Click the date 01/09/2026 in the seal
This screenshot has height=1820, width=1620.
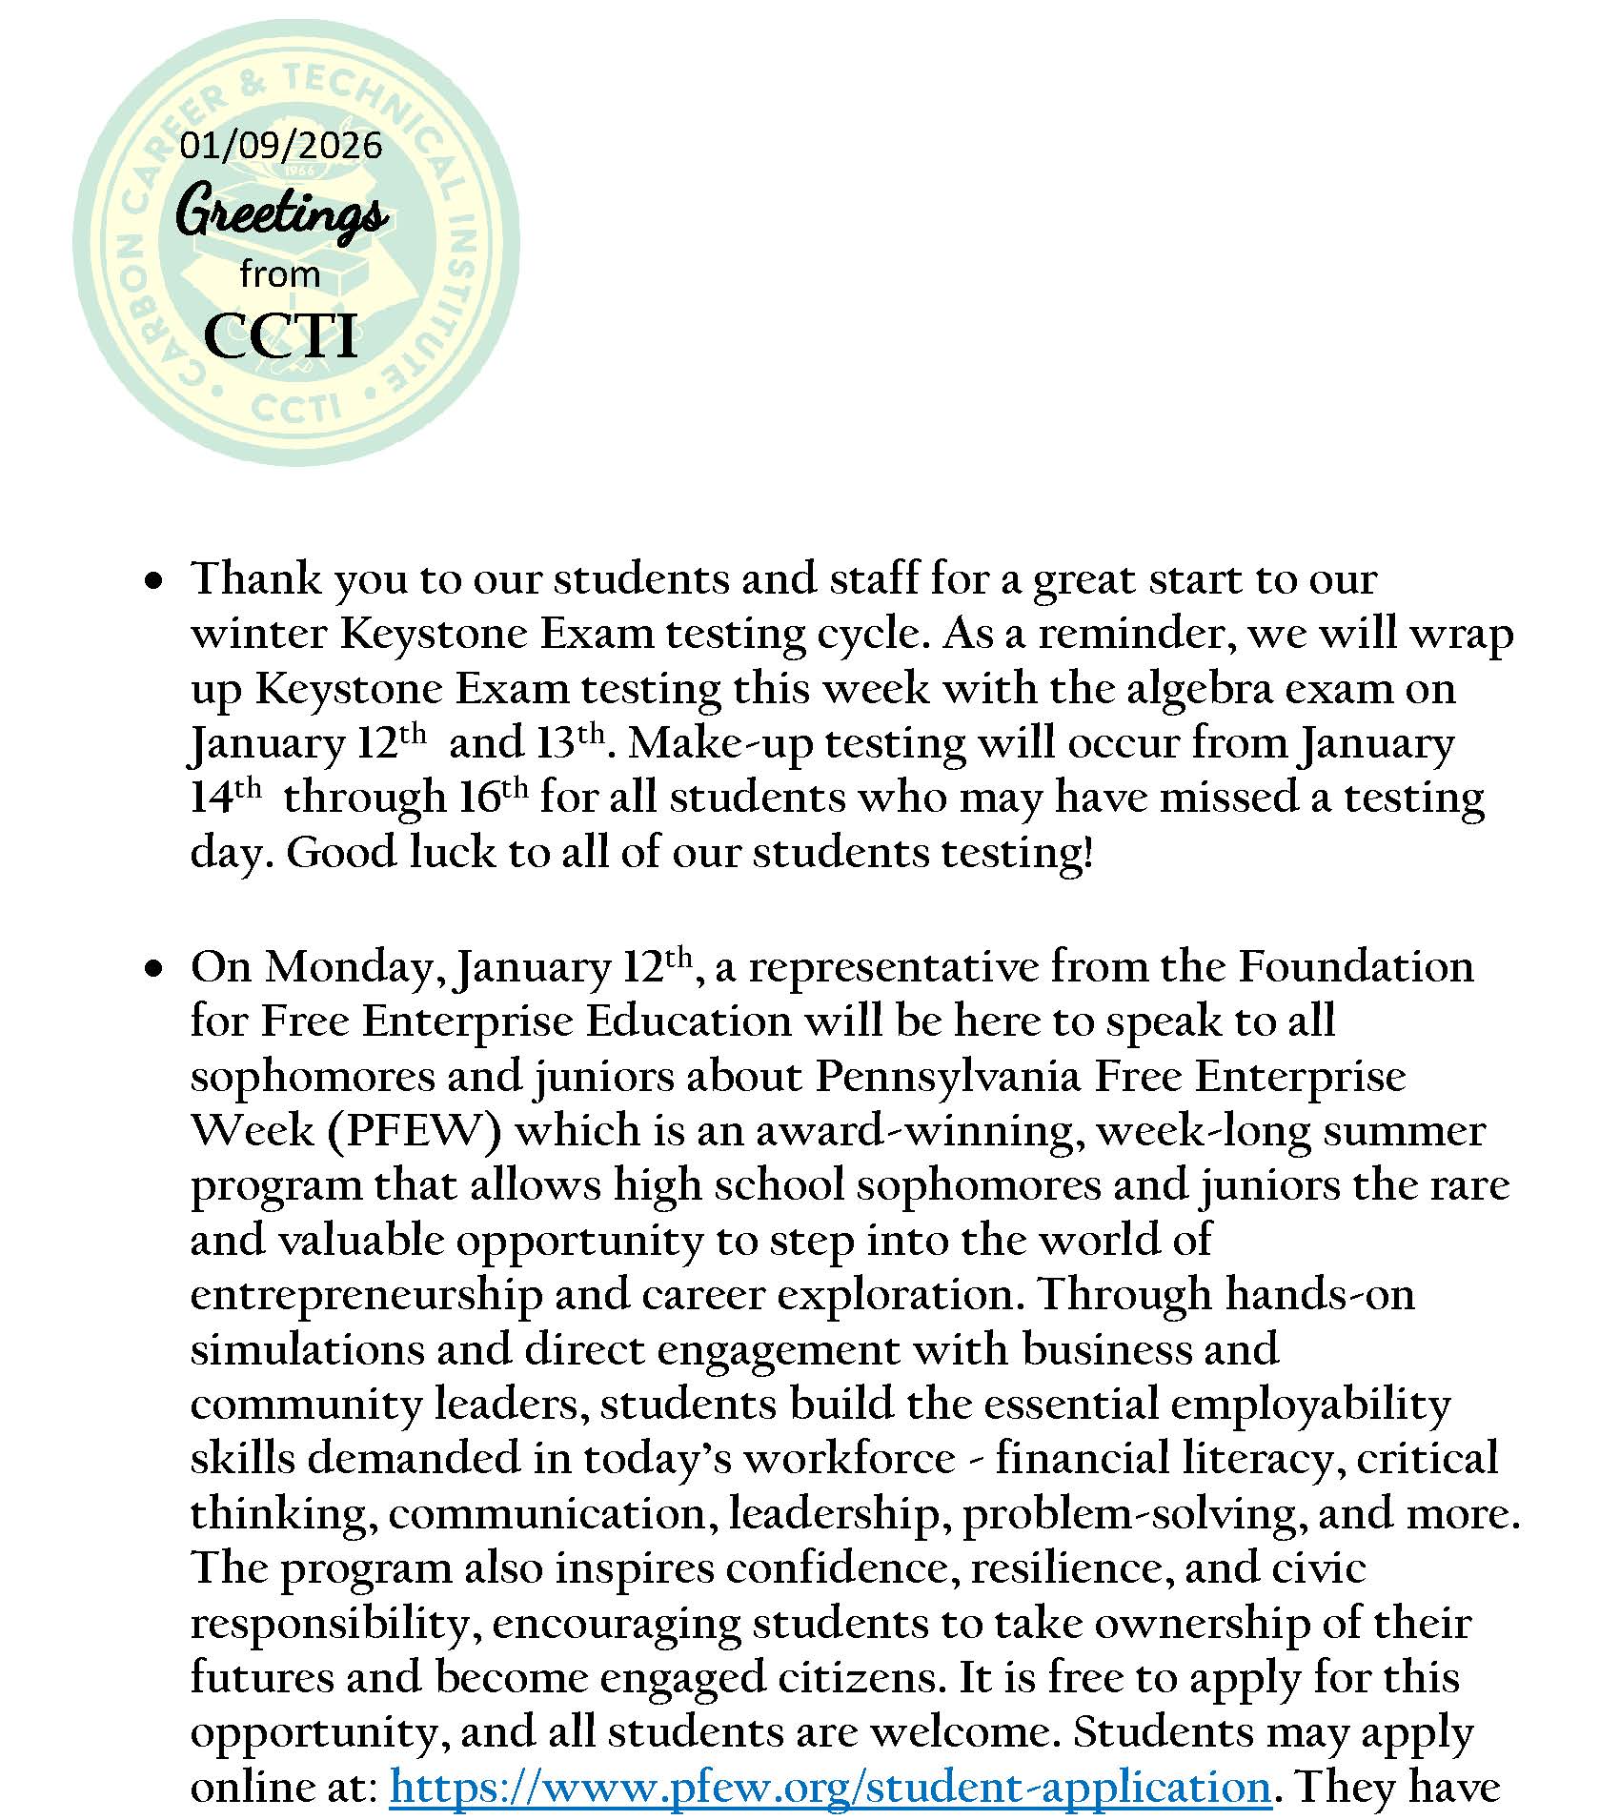pyautogui.click(x=281, y=146)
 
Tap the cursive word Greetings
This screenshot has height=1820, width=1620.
pyautogui.click(x=282, y=213)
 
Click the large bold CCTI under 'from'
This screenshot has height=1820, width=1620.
pyautogui.click(x=281, y=335)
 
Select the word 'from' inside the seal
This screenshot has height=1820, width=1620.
pyautogui.click(x=280, y=275)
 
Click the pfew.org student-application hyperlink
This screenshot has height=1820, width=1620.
pyautogui.click(x=830, y=1786)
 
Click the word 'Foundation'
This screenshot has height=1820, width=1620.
pyautogui.click(x=1355, y=966)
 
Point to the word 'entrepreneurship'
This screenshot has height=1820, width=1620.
pyautogui.click(x=366, y=1294)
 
